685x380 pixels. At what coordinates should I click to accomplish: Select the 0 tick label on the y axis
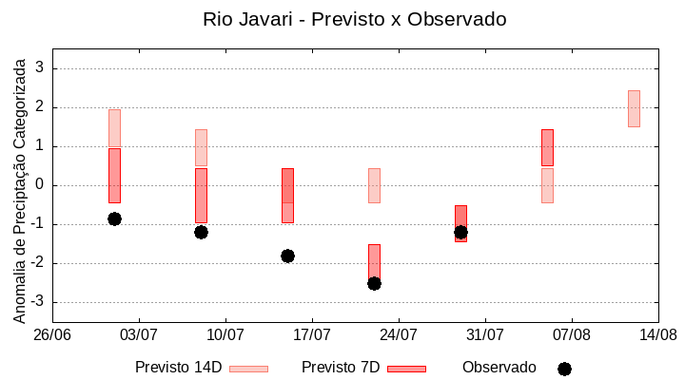40,185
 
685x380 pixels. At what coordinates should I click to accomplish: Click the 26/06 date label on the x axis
52,334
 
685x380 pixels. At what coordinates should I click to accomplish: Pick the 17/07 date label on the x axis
312,334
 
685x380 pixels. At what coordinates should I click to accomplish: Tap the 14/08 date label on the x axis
657,334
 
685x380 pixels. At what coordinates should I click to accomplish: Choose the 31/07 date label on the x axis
485,334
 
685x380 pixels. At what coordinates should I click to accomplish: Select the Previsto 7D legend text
341,368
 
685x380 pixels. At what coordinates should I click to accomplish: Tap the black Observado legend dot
564,369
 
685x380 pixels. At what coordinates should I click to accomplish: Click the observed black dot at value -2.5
374,283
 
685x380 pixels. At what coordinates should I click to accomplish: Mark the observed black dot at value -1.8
287,256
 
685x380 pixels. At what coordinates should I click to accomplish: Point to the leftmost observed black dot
114,218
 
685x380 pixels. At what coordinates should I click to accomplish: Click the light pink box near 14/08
634,108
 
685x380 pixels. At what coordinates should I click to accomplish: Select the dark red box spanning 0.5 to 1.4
547,147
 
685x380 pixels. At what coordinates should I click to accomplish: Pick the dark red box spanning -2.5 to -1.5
374,261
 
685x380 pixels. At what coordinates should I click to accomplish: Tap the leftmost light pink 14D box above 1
114,127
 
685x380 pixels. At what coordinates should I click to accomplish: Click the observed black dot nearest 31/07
460,232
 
